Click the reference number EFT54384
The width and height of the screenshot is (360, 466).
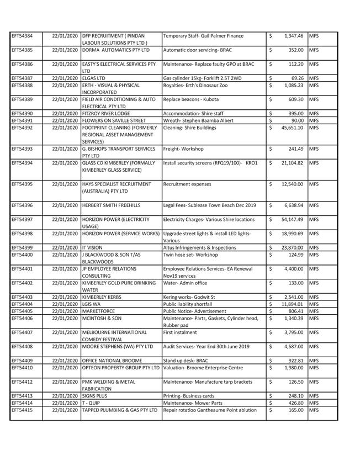click(22, 36)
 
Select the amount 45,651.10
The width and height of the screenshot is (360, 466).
click(292, 128)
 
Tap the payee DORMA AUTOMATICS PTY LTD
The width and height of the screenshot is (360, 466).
click(115, 50)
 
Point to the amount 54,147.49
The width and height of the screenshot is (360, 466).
click(292, 219)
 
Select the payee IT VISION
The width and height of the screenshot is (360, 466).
click(92, 248)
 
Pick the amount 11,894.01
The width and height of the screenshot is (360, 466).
click(292, 304)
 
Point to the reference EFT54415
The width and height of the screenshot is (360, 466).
click(22, 410)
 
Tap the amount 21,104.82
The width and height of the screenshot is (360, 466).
click(292, 163)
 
